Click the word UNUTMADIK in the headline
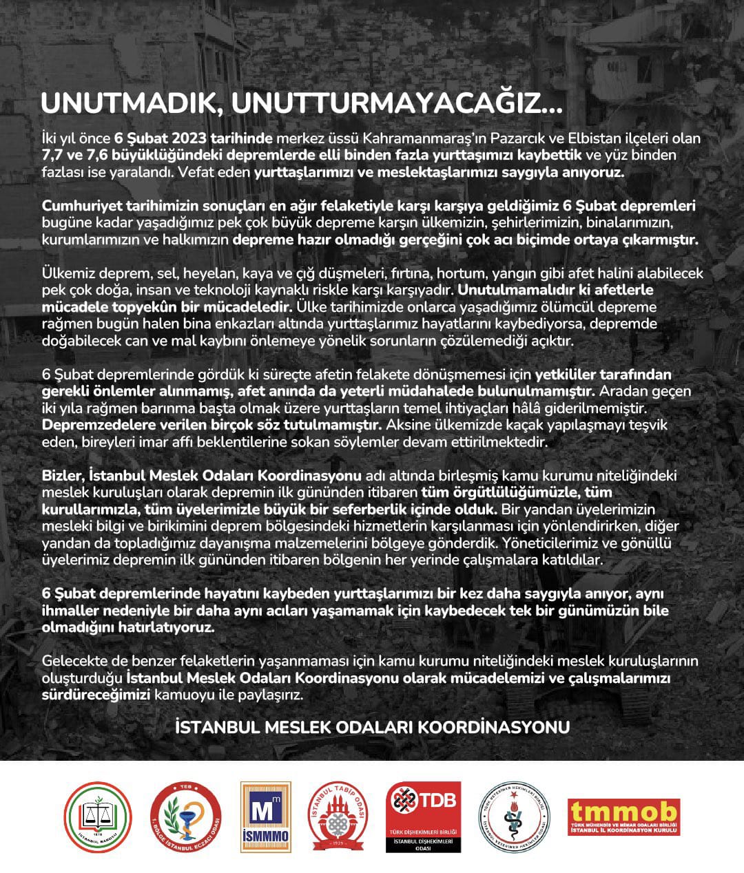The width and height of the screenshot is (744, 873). click(x=130, y=104)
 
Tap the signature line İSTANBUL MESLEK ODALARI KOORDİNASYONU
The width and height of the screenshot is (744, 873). click(x=373, y=727)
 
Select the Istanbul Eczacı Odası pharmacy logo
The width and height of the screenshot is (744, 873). click(x=185, y=817)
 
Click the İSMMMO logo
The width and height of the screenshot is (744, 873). click(x=265, y=817)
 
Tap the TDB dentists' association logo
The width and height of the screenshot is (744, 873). click(x=423, y=817)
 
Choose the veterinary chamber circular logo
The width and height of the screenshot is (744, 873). click(x=514, y=817)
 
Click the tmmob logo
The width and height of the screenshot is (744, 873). click(x=623, y=817)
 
